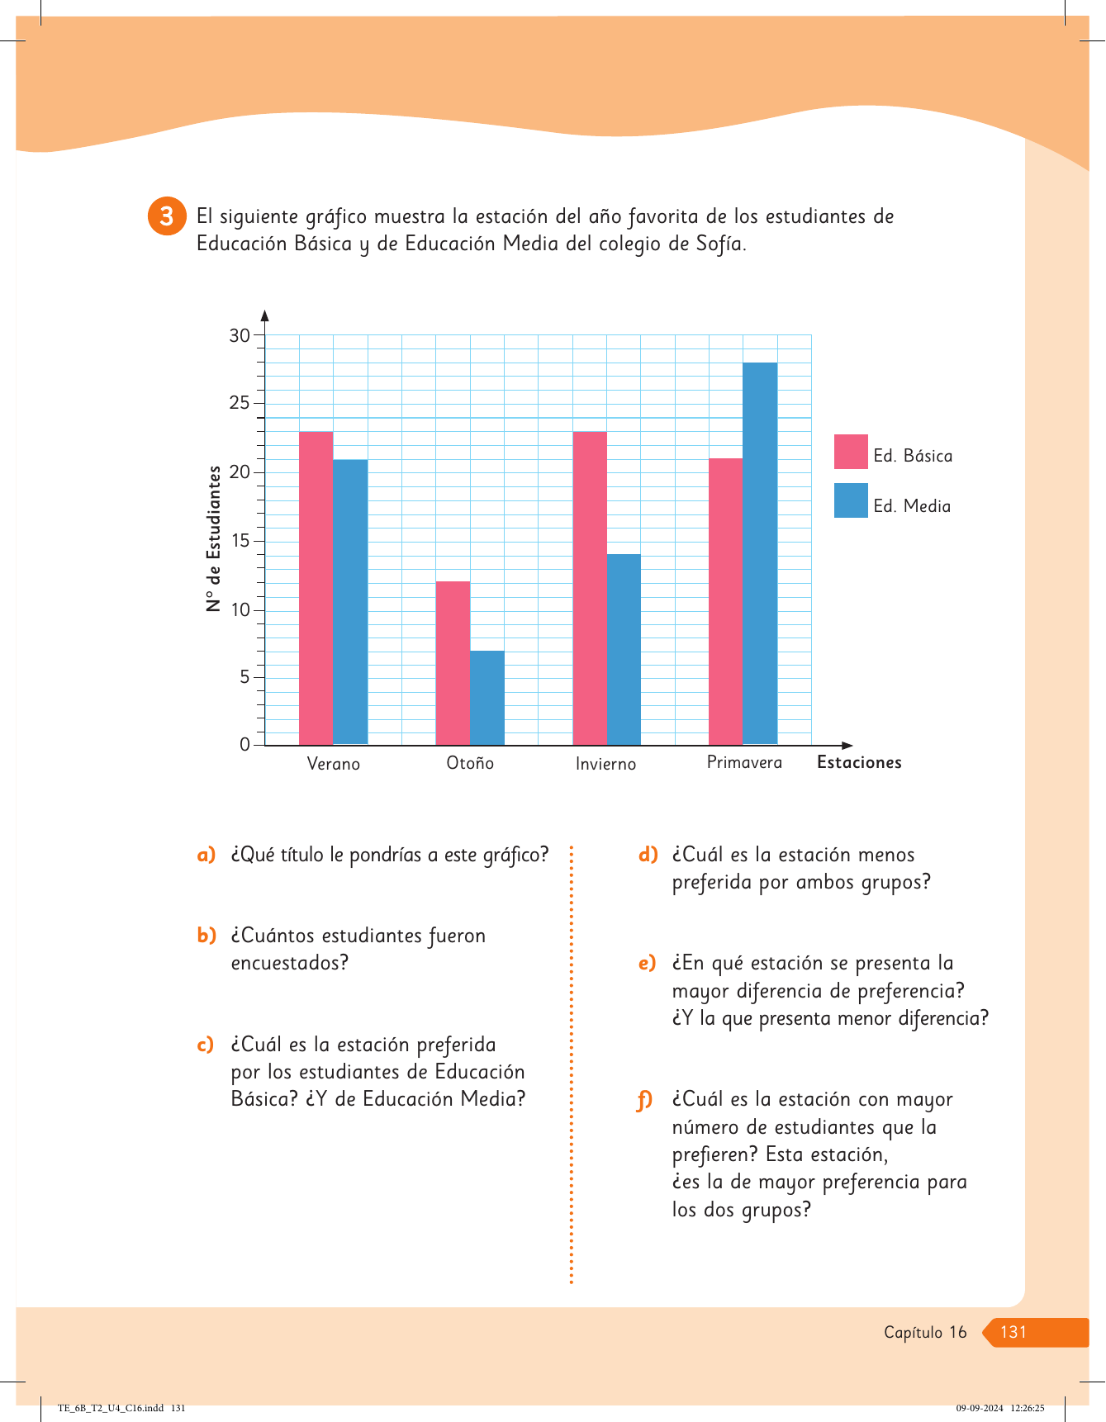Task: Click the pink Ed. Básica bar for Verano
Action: (x=316, y=588)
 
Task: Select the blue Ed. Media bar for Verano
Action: (x=350, y=602)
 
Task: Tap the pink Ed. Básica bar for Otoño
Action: (x=453, y=663)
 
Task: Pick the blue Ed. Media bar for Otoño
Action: (x=487, y=698)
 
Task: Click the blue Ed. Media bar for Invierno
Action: (x=624, y=649)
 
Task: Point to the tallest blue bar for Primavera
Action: (x=760, y=553)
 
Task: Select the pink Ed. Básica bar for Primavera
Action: (x=725, y=601)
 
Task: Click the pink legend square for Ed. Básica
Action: (x=851, y=452)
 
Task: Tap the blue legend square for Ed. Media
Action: (x=851, y=500)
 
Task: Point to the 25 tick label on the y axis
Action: (x=240, y=403)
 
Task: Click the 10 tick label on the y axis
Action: (x=240, y=610)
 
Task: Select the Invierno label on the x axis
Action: (x=605, y=764)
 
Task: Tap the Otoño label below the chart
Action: (x=470, y=763)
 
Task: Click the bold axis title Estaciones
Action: (x=859, y=762)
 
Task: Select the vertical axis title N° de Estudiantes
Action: (x=214, y=538)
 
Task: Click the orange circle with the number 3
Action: (x=167, y=216)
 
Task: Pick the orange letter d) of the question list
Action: (x=648, y=855)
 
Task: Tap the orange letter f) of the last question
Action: (x=644, y=1100)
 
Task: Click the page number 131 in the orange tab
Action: (x=1013, y=1332)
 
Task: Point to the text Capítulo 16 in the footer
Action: (x=925, y=1332)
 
